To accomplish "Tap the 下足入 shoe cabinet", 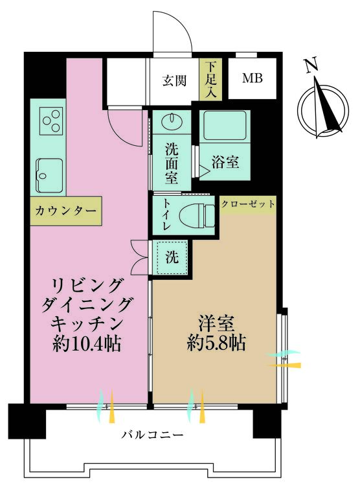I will tap(210, 80).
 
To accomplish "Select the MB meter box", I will tap(253, 79).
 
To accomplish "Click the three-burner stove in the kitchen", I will tap(50, 121).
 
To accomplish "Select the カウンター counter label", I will tap(65, 212).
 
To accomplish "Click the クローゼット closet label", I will tap(248, 204).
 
